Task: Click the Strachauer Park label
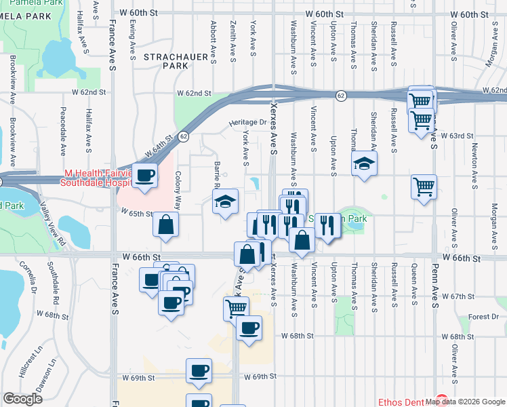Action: point(166,62)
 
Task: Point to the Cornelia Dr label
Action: point(27,278)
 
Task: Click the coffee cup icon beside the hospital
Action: point(145,176)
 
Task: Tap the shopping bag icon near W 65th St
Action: point(165,225)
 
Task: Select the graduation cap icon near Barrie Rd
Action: point(225,201)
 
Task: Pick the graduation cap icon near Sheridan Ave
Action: point(364,163)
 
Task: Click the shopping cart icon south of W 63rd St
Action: point(424,187)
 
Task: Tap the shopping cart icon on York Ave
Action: point(236,308)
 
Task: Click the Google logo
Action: point(22,399)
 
